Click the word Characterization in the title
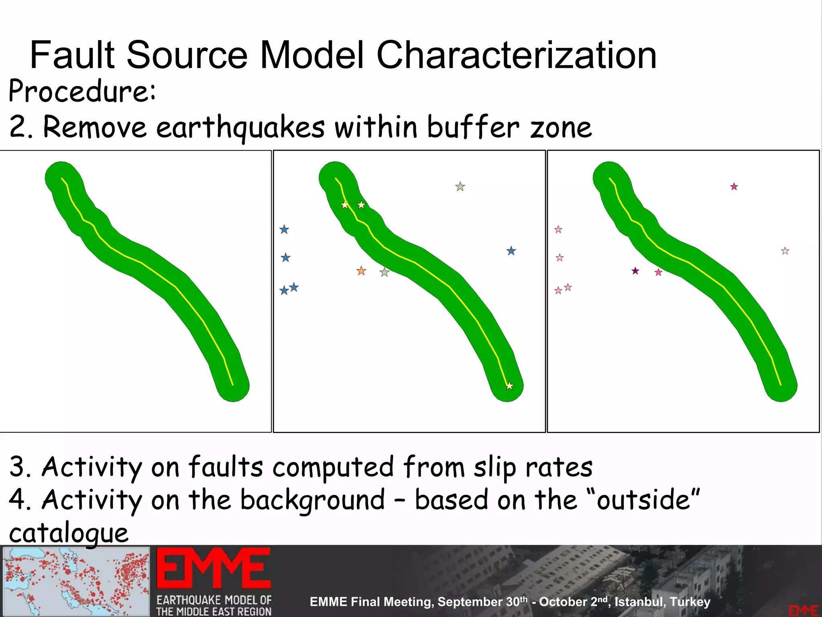point(516,55)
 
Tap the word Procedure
point(81,91)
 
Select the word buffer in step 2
point(473,127)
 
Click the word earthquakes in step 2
point(240,127)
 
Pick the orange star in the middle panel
point(361,271)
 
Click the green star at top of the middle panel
point(460,187)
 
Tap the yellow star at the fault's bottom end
point(509,386)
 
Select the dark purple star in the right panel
point(635,271)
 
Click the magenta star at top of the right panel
point(734,187)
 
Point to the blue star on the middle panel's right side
point(511,251)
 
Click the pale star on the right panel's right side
point(785,251)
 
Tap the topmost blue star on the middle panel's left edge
point(284,230)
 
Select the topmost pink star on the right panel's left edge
point(558,230)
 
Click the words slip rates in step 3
point(533,467)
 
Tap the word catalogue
point(69,533)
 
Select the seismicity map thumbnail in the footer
point(76,581)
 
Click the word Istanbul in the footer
point(639,602)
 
